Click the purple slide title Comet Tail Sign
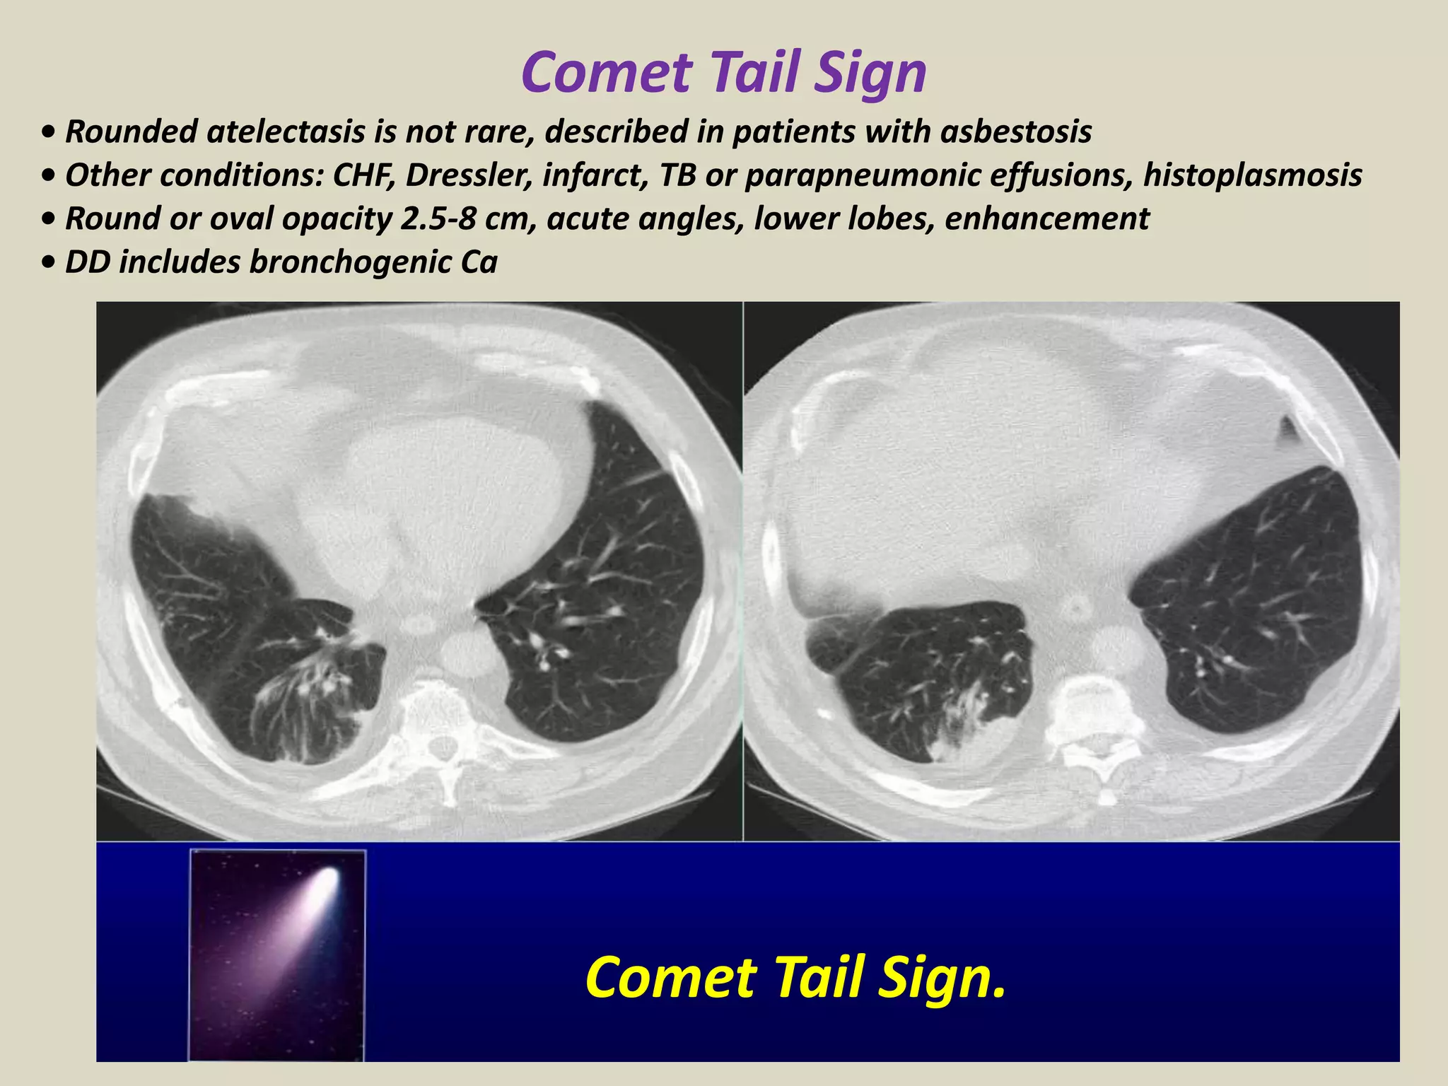723,72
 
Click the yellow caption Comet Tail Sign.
795,977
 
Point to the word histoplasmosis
1252,175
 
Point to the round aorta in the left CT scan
467,655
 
